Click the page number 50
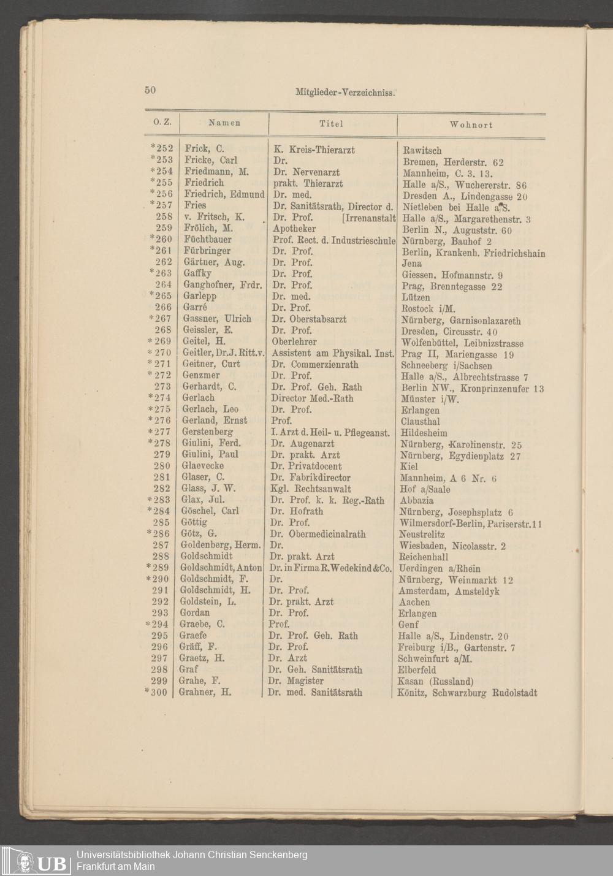150,90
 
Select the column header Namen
224,123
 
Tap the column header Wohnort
471,124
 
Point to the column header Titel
332,124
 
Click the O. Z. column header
162,123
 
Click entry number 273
162,387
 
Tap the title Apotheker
294,229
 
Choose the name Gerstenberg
207,432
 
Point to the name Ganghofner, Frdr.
223,285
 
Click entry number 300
158,693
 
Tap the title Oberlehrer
294,341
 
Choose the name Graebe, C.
202,624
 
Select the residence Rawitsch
422,151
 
